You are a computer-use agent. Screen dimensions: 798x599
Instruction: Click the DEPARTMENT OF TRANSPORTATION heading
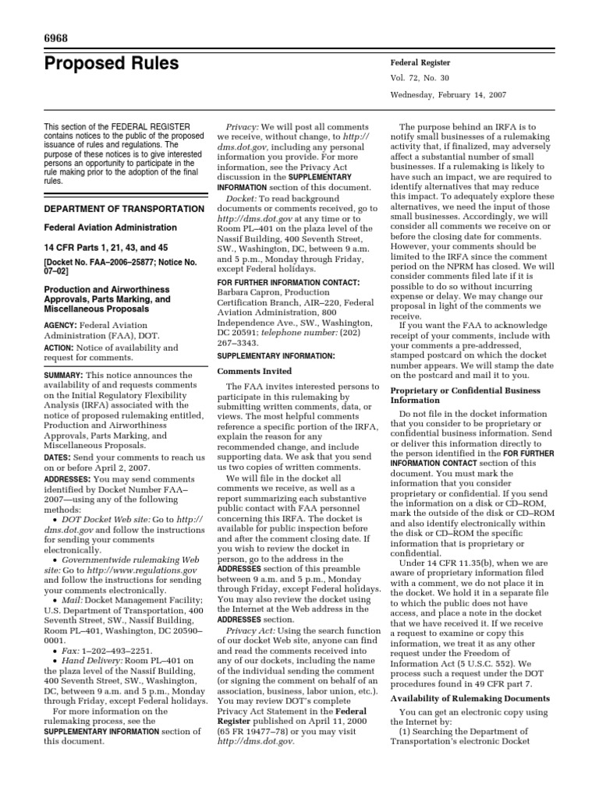pos(112,209)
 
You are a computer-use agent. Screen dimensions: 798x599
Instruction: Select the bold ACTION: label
pos(60,347)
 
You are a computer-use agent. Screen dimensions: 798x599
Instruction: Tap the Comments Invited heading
pos(253,371)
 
